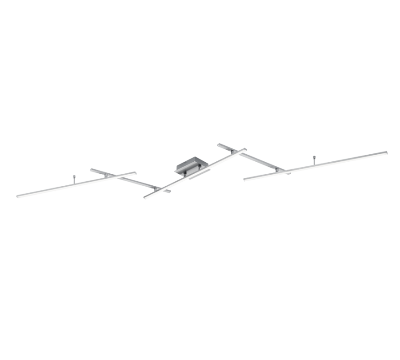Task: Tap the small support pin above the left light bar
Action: [x=74, y=177]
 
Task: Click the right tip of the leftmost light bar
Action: [x=136, y=172]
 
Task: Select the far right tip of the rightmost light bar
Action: [x=386, y=152]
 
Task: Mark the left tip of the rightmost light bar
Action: [x=244, y=179]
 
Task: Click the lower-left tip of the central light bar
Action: [x=145, y=196]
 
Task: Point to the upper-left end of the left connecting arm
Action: [x=92, y=169]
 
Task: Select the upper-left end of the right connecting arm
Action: [x=219, y=144]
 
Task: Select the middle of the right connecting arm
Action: [x=256, y=159]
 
